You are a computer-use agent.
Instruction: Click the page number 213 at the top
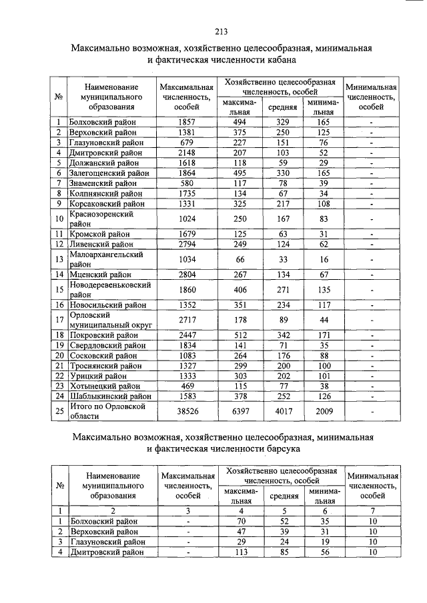click(222, 31)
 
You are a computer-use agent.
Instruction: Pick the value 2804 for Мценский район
click(186, 274)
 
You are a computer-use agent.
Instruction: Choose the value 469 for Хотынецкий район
click(186, 386)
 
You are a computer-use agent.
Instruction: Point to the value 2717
click(186, 320)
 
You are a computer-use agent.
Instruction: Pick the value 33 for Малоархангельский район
click(283, 259)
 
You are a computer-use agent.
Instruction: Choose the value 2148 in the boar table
click(186, 153)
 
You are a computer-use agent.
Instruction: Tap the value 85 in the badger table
click(283, 552)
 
